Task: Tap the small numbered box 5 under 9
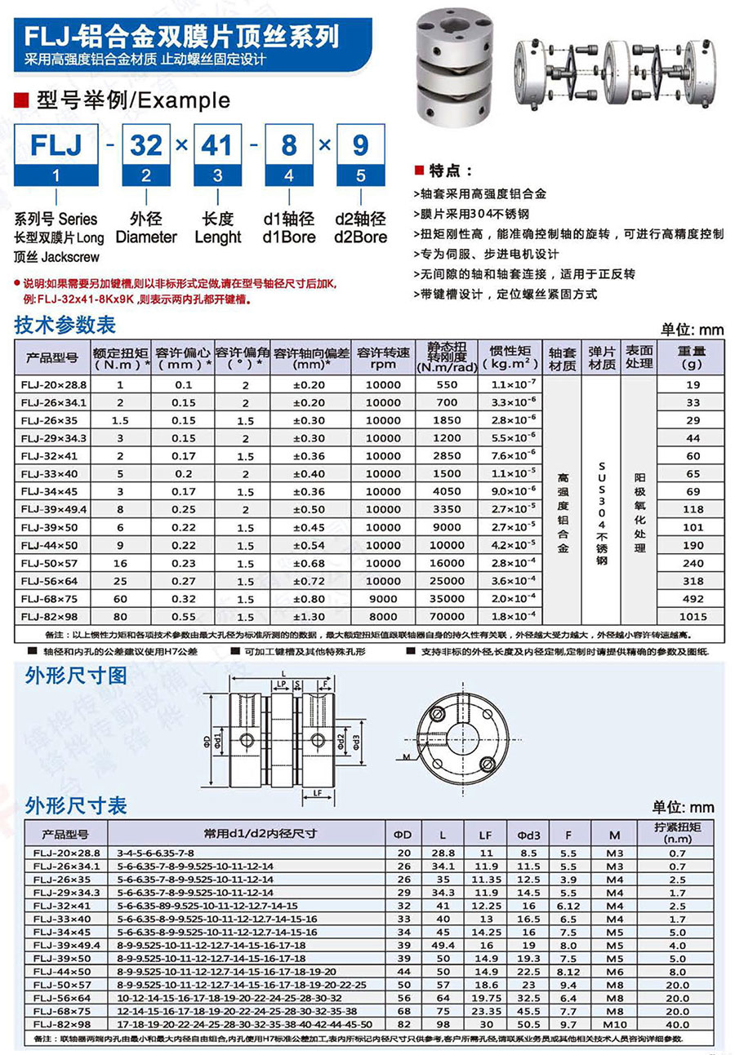(x=359, y=175)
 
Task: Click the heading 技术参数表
(x=65, y=326)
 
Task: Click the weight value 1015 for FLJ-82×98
(x=693, y=617)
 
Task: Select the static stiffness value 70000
(x=446, y=617)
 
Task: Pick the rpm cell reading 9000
(x=383, y=599)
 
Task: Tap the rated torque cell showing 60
(x=121, y=599)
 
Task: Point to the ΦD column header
(x=403, y=835)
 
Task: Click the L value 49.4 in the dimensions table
(x=443, y=946)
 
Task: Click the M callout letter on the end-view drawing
(x=406, y=758)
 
